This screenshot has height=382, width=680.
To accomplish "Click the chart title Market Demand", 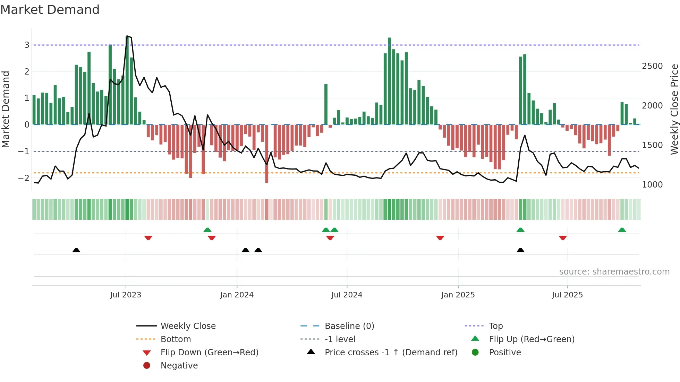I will point(50,10).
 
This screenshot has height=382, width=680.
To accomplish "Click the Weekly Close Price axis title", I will point(674,109).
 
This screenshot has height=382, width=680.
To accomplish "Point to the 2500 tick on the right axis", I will point(652,66).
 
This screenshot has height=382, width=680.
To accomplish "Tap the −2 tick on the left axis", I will point(24,178).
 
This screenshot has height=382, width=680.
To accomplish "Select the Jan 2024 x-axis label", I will point(237,295).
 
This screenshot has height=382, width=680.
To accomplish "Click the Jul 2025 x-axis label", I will point(567,295).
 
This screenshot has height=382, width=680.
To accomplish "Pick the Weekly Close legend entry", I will point(188,326).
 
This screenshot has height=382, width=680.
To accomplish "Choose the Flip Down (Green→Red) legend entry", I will point(209,352).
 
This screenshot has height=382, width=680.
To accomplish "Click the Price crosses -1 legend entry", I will point(391,352).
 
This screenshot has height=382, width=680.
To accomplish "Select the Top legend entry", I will point(495,326).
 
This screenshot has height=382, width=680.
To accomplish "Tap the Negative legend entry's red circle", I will point(147,365).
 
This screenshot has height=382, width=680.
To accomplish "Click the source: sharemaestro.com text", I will point(614,272).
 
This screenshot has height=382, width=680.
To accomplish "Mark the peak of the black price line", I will point(127,36).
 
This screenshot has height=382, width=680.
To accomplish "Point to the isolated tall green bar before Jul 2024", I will point(326,104).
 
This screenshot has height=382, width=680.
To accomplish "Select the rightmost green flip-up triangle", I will point(622,230).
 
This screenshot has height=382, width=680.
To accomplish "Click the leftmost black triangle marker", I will point(76,250).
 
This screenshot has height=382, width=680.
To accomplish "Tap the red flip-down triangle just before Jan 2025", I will point(440,238).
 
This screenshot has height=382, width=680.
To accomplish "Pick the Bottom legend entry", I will point(176,339).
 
